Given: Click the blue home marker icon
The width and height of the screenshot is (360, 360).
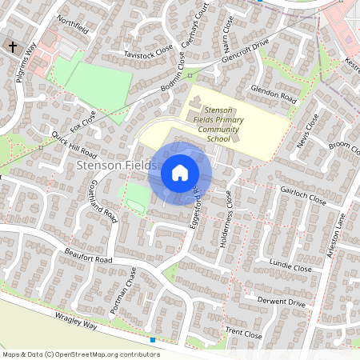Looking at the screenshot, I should tap(180, 173).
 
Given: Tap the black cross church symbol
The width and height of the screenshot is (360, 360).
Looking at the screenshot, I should tap(14, 48).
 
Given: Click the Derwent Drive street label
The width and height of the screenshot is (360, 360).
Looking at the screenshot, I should tap(282, 302).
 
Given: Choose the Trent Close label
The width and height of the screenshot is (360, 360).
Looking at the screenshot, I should tap(244, 334).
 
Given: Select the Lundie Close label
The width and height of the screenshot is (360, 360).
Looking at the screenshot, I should tap(290, 266).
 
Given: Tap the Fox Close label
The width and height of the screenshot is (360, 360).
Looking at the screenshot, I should tap(82, 126).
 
